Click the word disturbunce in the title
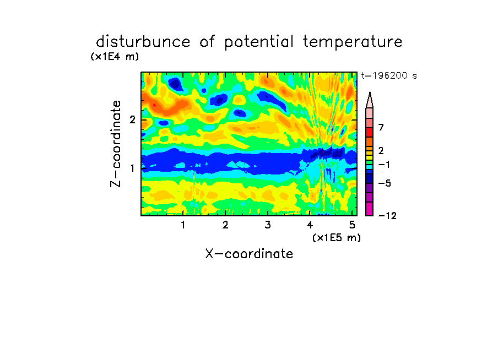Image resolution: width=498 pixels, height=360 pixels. (x=143, y=42)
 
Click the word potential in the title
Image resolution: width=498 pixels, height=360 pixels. (x=259, y=42)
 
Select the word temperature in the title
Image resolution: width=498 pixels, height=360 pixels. (x=353, y=42)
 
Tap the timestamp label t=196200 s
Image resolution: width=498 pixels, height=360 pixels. (x=389, y=75)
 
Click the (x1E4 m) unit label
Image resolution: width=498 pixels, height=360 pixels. (x=115, y=57)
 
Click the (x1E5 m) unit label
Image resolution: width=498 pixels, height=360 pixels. (x=337, y=237)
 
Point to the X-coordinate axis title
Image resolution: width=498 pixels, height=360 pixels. (x=249, y=254)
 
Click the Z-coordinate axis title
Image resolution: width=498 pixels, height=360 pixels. (x=116, y=144)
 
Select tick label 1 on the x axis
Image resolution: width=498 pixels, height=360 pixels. (x=183, y=225)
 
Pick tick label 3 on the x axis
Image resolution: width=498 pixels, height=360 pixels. (x=268, y=225)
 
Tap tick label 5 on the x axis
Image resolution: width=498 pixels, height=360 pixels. (x=352, y=225)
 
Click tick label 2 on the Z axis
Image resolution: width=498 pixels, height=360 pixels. (x=132, y=119)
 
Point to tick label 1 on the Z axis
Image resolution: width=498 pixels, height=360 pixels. (x=132, y=168)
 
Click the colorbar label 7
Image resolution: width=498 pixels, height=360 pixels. (x=381, y=127)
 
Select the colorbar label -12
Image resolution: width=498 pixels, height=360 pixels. (x=387, y=216)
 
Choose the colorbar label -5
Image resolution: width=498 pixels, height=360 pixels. (x=385, y=183)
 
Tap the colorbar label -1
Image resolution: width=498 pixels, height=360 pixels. (x=384, y=165)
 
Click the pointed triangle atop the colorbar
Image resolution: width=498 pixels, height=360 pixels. (x=370, y=100)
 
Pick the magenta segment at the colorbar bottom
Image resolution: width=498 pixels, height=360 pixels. (x=370, y=209)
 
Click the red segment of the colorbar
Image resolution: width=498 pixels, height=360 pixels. (x=370, y=132)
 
